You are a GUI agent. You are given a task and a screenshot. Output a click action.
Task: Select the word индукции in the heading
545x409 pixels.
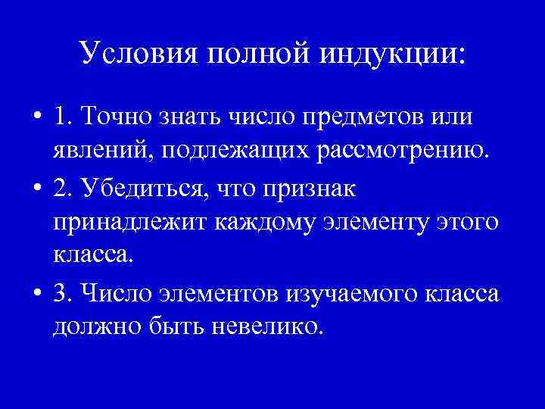[x=394, y=54]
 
